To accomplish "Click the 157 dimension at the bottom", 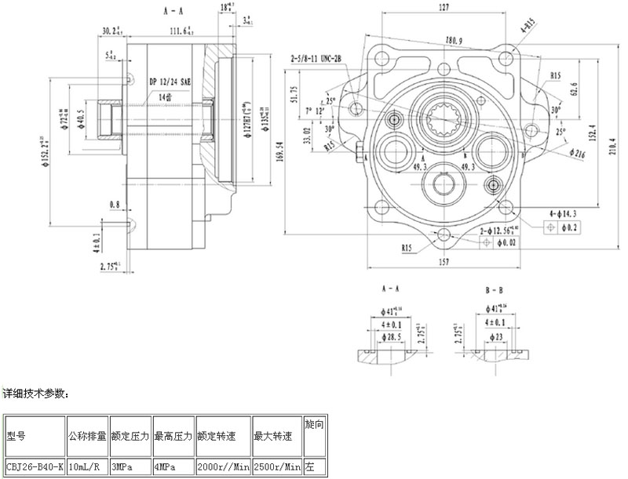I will point(444,261).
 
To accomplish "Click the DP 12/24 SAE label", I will point(170,82).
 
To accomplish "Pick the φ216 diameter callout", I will point(578,155).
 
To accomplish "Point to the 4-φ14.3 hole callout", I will point(564,213).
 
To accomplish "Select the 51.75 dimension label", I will point(294,94).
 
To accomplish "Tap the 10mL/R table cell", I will point(86,467).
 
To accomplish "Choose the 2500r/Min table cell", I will point(278,467).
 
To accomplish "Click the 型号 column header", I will point(16,436).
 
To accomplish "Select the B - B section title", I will point(494,290).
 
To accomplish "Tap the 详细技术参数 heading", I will point(36,392).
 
